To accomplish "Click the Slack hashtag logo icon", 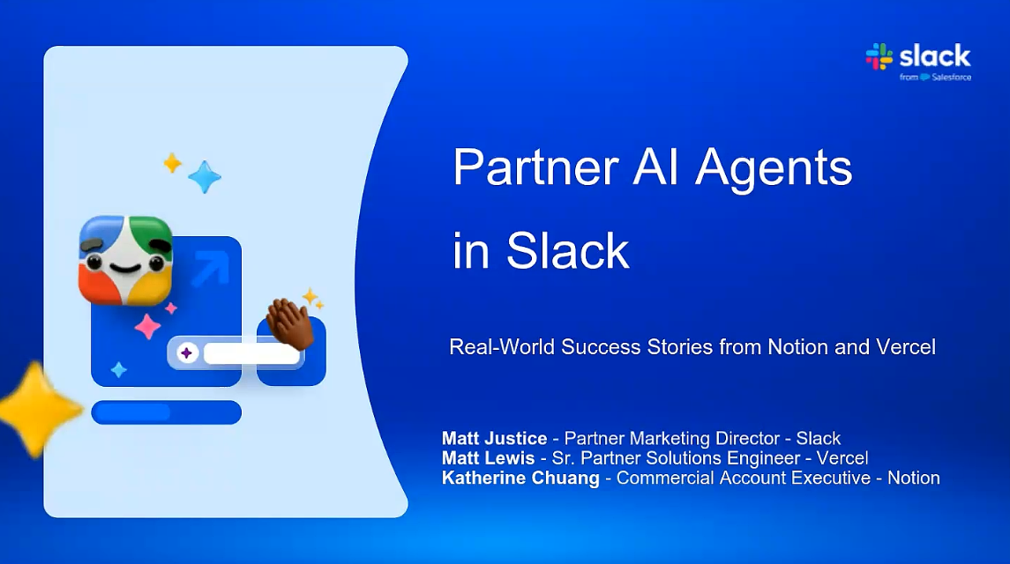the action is [879, 56].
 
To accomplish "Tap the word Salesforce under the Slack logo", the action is [952, 78].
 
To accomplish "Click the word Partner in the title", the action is [536, 167].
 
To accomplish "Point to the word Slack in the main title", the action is [567, 250].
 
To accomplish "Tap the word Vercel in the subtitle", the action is [906, 347].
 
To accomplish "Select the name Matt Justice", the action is [494, 439].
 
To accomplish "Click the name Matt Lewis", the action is [489, 458].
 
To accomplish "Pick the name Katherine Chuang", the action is [520, 479].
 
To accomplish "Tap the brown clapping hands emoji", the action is [289, 323].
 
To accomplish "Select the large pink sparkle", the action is [147, 326].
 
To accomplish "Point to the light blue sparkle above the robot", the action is [205, 176].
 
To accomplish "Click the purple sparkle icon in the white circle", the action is [187, 352].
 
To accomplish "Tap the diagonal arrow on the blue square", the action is [211, 269].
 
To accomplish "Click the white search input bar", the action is [252, 353].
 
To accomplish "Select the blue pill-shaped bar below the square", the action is [166, 412].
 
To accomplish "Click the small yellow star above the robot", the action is [172, 163].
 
